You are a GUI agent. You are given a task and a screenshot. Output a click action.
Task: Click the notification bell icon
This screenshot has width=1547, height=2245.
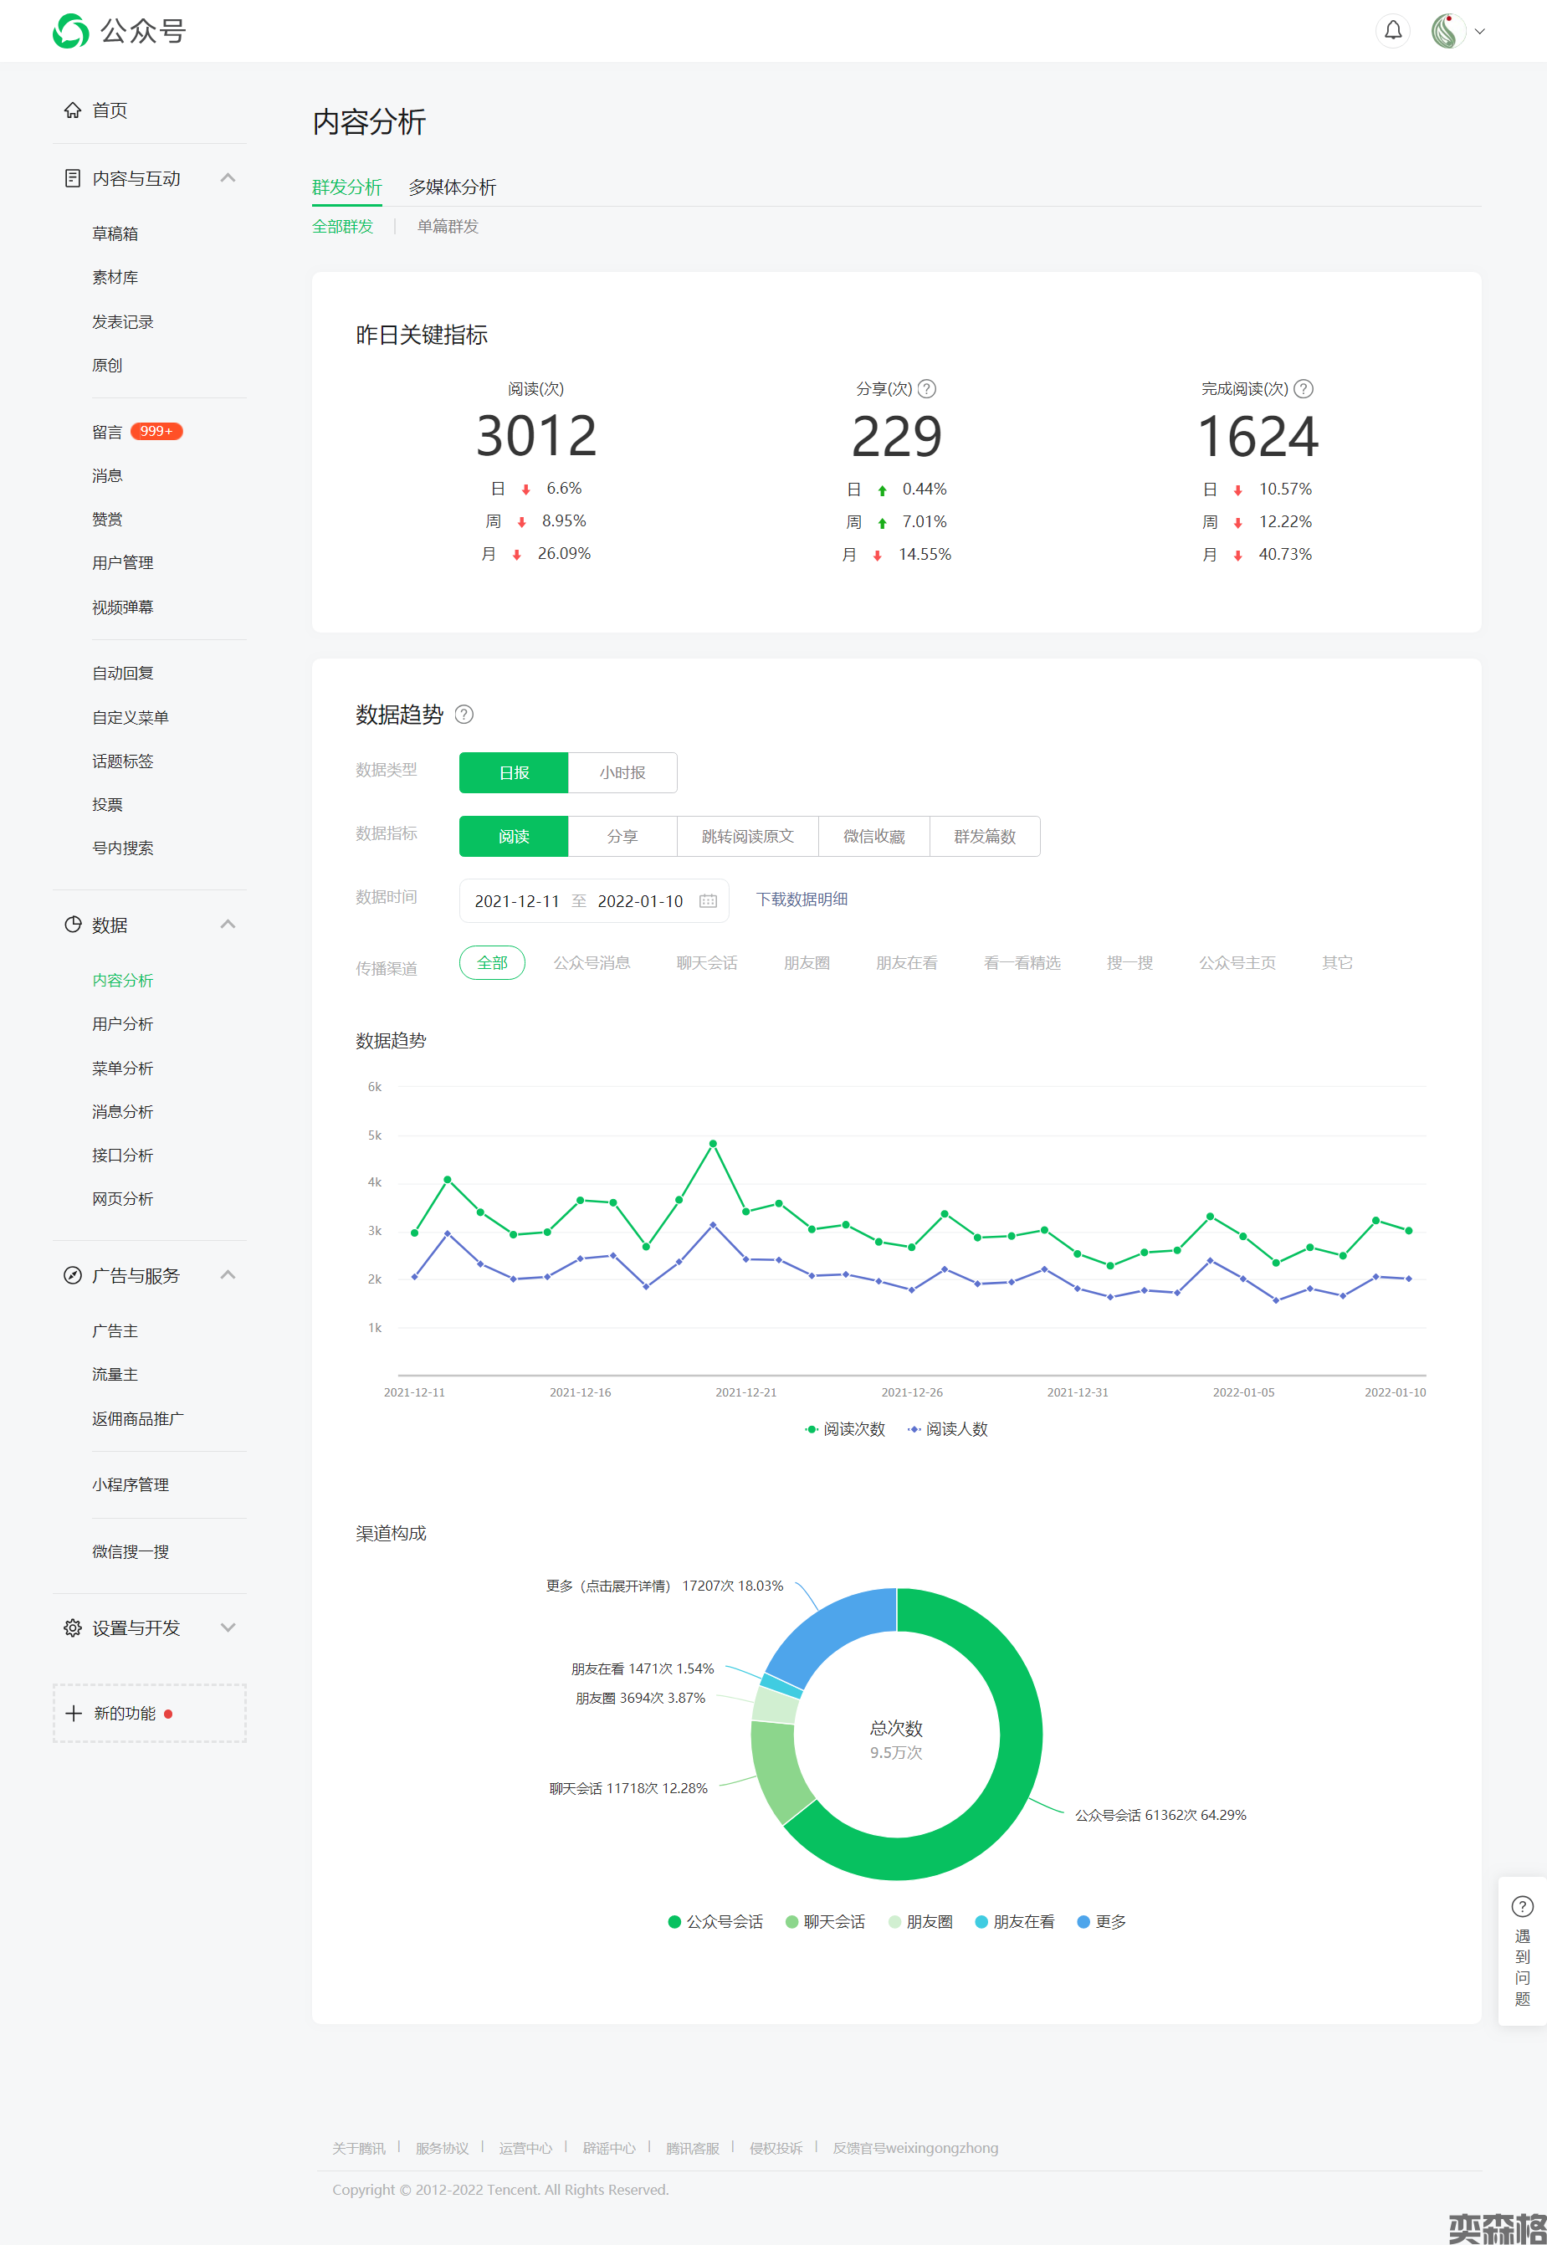pos(1392,31)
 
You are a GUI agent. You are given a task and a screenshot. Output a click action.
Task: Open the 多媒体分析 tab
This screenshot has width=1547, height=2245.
pos(452,187)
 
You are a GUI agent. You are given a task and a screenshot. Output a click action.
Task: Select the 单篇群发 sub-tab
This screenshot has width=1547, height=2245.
pos(448,226)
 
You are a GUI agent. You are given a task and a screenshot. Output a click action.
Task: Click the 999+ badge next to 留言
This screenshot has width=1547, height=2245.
pos(156,432)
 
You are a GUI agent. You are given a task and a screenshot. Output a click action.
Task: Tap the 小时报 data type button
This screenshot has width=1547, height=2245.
pos(622,772)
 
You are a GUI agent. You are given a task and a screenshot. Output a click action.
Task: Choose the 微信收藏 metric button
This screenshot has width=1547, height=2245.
pos(873,837)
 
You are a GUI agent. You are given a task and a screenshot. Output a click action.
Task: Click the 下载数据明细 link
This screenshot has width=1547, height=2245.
pos(802,900)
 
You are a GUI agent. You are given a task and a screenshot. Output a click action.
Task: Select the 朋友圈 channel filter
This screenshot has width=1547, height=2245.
pos(807,962)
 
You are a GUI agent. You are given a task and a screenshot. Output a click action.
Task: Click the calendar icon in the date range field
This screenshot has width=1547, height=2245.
pos(709,900)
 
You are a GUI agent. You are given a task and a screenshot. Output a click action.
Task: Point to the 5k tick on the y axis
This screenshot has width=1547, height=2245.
pos(374,1135)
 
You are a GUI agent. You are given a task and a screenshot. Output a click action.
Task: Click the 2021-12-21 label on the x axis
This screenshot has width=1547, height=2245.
pos(745,1392)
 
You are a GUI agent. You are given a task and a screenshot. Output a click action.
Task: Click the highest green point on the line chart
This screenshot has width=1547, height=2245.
pos(713,1144)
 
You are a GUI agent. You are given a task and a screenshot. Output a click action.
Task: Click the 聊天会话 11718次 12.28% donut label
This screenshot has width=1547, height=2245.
pos(628,1788)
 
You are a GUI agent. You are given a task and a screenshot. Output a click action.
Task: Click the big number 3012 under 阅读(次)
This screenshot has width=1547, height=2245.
pos(536,436)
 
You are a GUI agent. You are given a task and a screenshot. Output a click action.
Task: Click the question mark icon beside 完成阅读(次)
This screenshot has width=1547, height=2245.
pos(1304,389)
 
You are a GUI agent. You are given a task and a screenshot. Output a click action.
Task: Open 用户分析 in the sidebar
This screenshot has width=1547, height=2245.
pos(122,1023)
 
